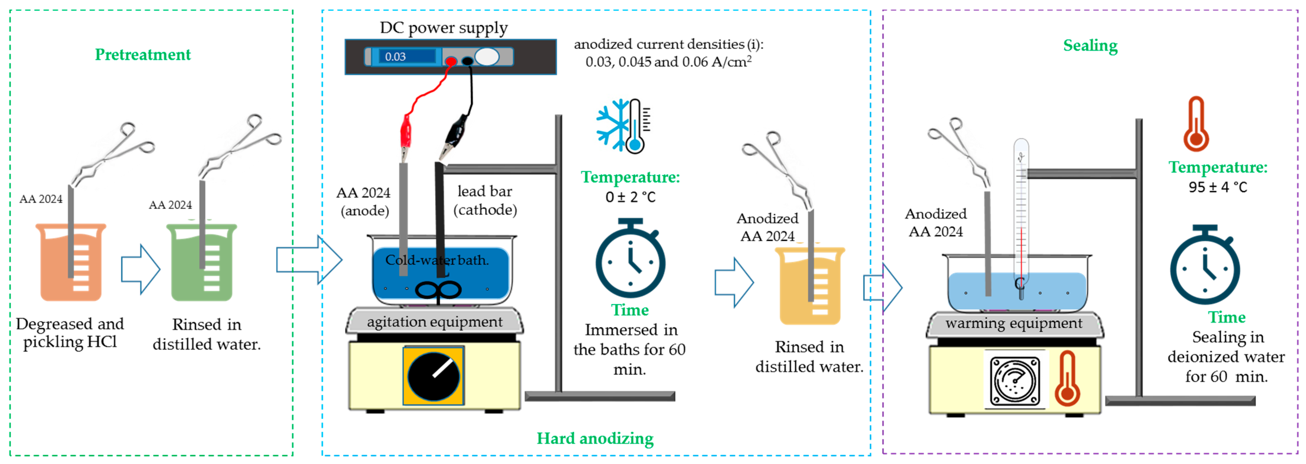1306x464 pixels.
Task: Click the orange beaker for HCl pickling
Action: (x=71, y=262)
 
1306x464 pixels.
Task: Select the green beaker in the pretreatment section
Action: (x=202, y=262)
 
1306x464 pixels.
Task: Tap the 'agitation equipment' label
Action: (x=435, y=322)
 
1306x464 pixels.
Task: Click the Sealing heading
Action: (x=1090, y=46)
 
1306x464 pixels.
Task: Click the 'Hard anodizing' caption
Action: (x=595, y=438)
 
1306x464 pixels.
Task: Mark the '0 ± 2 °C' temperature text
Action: (x=630, y=197)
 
